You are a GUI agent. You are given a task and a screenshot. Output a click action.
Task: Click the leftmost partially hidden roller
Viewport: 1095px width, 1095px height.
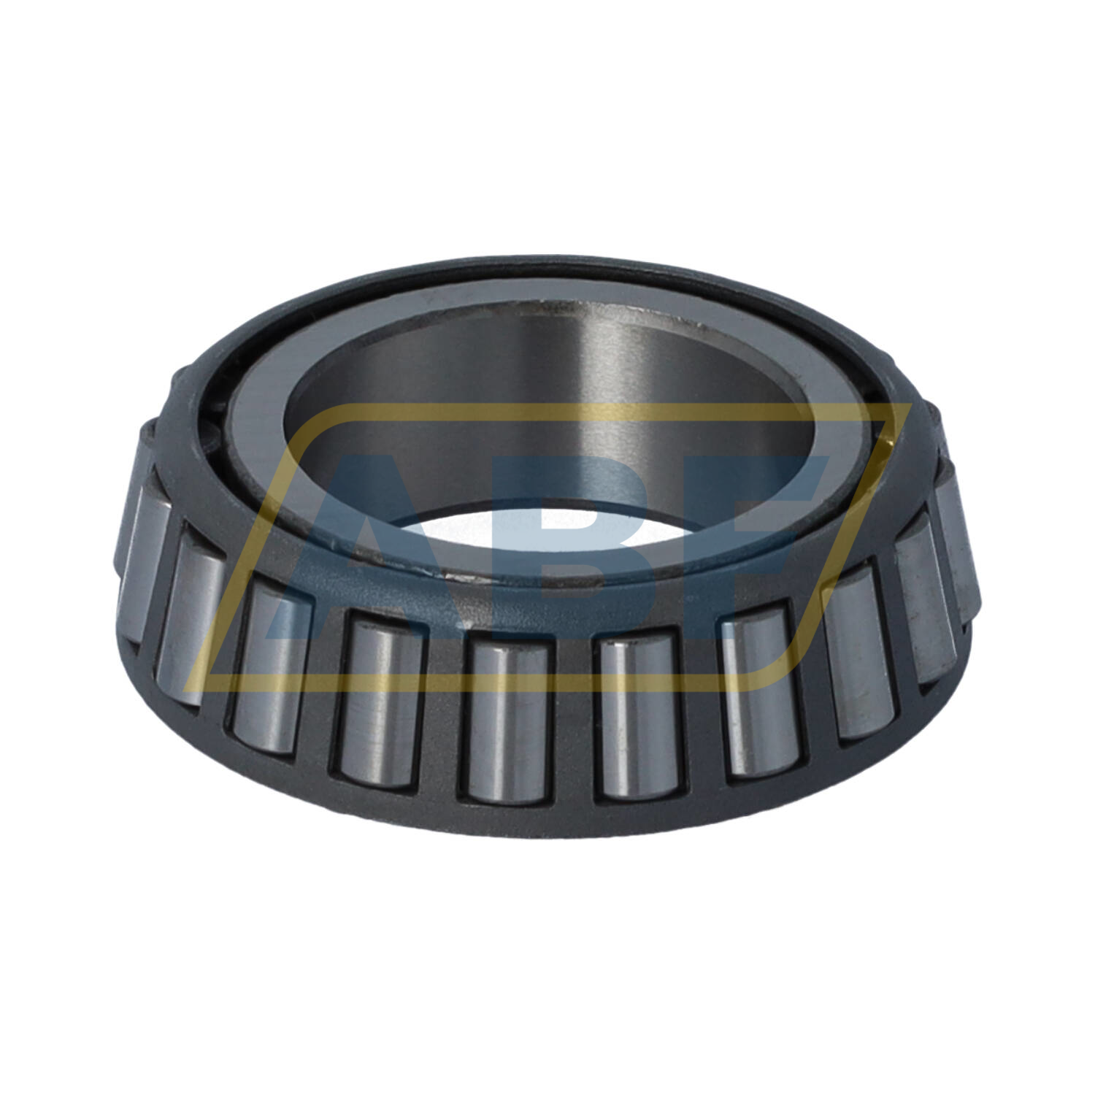(x=143, y=562)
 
